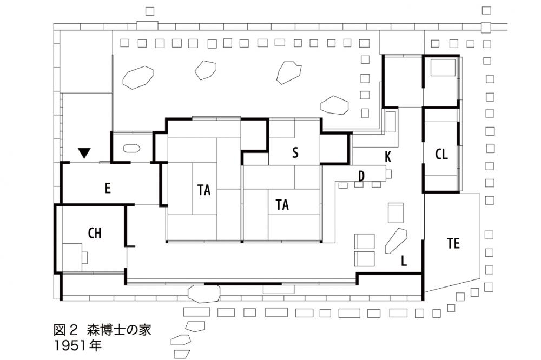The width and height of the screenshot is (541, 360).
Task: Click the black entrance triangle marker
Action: click(x=84, y=154)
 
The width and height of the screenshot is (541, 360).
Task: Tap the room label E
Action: click(x=107, y=188)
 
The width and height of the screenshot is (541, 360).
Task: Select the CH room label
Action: click(x=94, y=233)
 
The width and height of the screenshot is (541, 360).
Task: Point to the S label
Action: click(x=295, y=153)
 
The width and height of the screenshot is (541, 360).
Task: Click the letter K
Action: click(x=387, y=157)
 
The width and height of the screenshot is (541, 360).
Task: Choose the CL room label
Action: click(x=441, y=154)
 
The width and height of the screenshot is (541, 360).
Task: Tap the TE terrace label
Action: click(x=453, y=244)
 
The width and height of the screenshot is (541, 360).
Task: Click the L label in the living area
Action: click(x=404, y=262)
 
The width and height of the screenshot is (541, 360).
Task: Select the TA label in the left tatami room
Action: click(x=204, y=190)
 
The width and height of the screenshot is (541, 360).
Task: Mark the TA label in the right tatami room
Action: click(x=282, y=205)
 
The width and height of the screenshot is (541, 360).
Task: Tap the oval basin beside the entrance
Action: click(x=133, y=148)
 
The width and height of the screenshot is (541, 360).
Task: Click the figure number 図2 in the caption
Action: click(x=67, y=330)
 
